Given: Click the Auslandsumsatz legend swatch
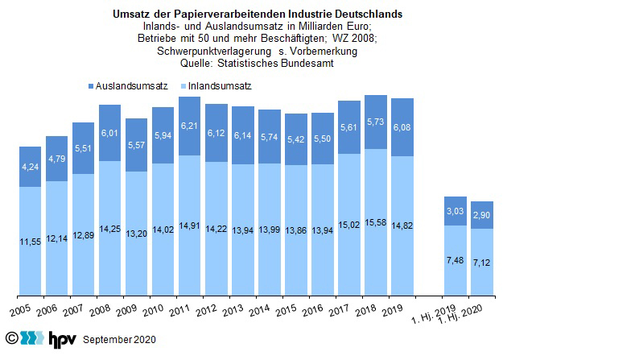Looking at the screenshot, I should [89, 85].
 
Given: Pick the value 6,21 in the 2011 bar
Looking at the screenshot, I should [190, 126].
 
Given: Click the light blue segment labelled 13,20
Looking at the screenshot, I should [137, 234].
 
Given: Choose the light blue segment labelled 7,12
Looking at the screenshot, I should [482, 262].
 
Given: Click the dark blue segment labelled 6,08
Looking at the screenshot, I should [402, 127].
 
